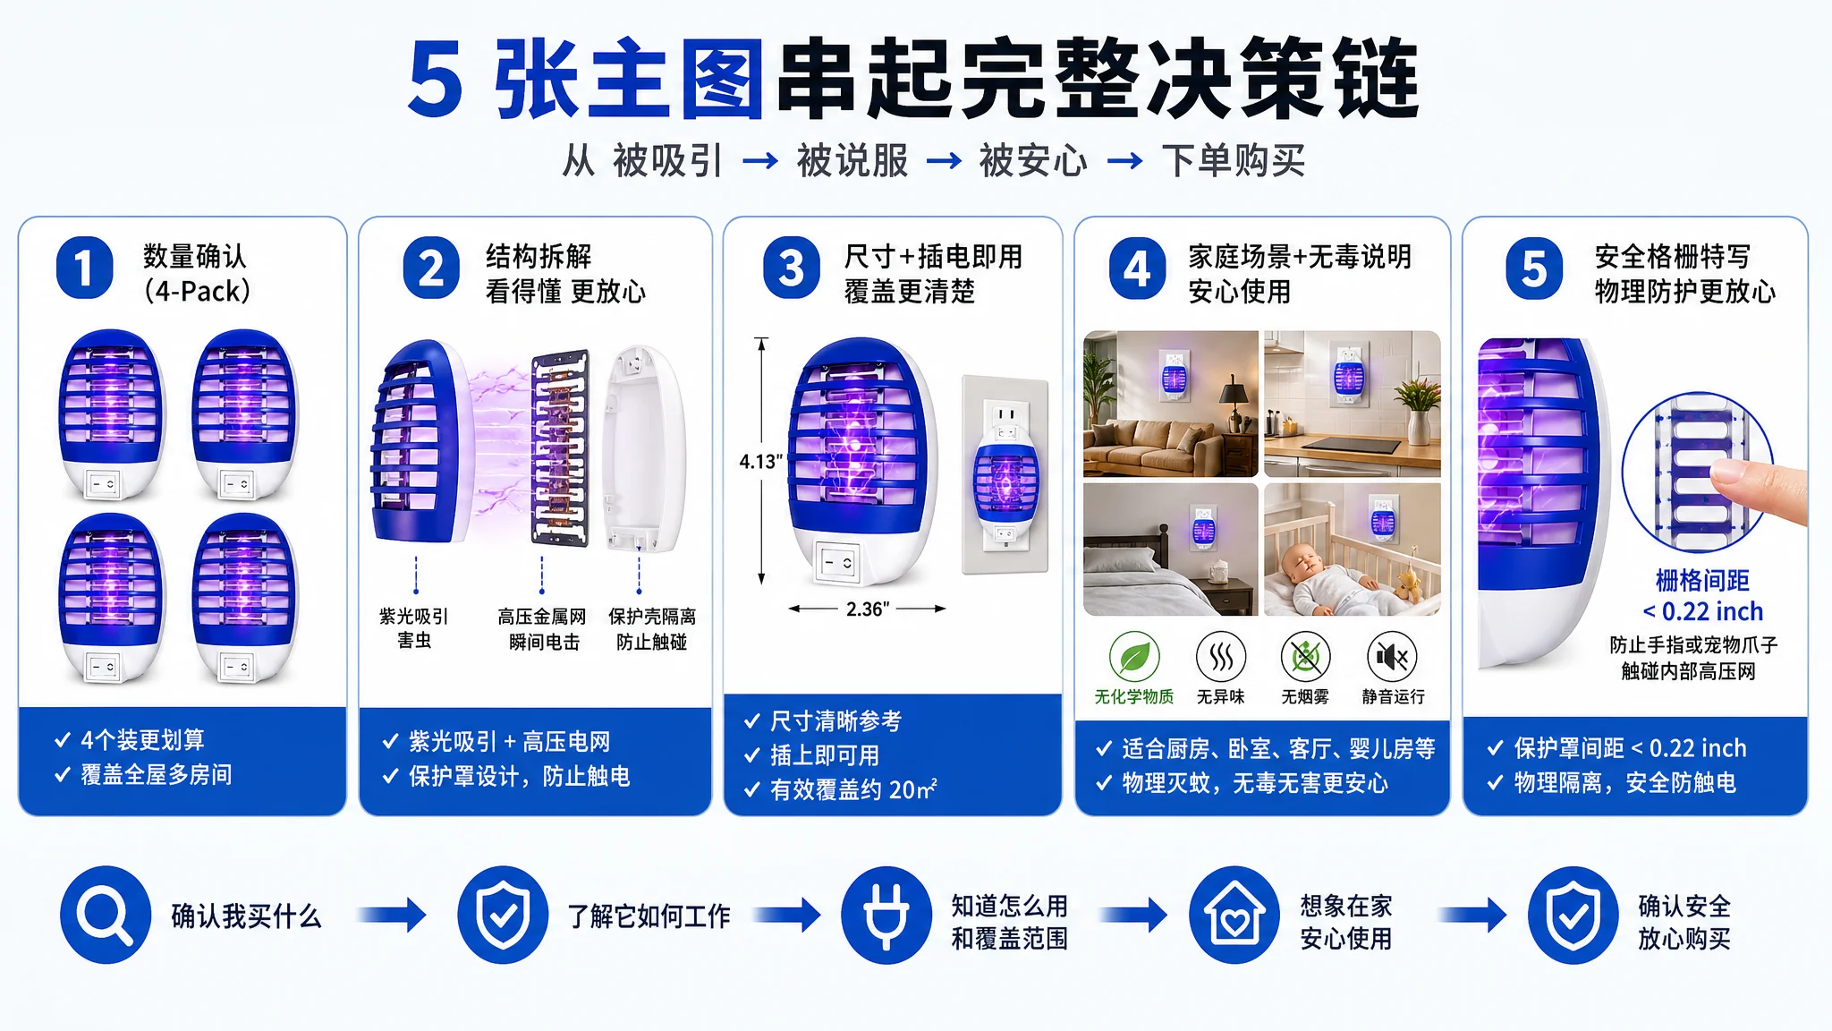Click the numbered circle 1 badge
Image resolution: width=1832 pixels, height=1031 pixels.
[x=84, y=268]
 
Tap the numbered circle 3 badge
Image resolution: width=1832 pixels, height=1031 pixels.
[x=791, y=268]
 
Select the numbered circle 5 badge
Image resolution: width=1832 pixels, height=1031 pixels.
[x=1534, y=268]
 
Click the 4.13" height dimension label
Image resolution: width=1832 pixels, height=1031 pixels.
[x=760, y=462]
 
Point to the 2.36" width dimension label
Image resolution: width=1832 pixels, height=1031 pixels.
[x=868, y=609]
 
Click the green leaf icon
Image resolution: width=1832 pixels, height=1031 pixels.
[x=1134, y=657]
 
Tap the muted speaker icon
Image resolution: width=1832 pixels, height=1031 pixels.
[x=1393, y=657]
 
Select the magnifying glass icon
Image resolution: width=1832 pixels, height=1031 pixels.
[x=106, y=915]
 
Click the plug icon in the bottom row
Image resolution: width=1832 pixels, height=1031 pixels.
[x=886, y=915]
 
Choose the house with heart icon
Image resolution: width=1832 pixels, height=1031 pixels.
[x=1234, y=915]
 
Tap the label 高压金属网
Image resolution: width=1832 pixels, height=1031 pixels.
[x=542, y=617]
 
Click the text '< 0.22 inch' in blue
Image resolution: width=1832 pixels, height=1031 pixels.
[x=1702, y=611]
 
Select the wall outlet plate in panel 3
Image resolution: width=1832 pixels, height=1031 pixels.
[x=1005, y=474]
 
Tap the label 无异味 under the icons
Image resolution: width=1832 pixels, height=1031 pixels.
[x=1220, y=696]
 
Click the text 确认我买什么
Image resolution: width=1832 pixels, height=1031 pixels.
[x=246, y=916]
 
